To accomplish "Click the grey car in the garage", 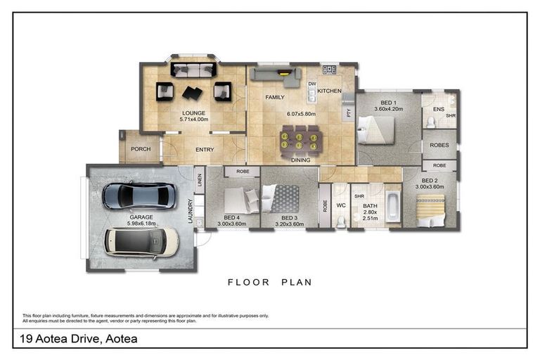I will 139,196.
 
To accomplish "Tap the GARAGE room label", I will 142,217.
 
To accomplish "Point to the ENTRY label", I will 205,149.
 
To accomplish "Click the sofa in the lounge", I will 193,70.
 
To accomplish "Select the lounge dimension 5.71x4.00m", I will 193,120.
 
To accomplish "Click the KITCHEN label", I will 329,91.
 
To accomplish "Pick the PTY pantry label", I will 347,112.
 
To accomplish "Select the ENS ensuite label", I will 439,110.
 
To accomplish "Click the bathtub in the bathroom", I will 392,205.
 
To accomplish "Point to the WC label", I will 340,206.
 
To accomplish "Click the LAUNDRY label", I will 191,211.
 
